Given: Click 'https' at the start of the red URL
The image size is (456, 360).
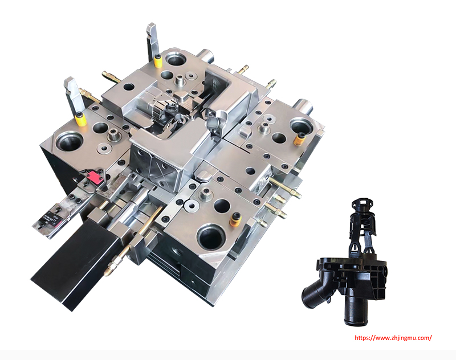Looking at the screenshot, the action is tap(361, 338).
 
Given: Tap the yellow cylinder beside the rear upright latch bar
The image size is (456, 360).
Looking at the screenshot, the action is tap(158, 61).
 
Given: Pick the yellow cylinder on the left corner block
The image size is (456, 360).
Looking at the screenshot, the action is tap(80, 119).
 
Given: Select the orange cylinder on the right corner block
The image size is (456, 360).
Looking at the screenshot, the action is tap(299, 139).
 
